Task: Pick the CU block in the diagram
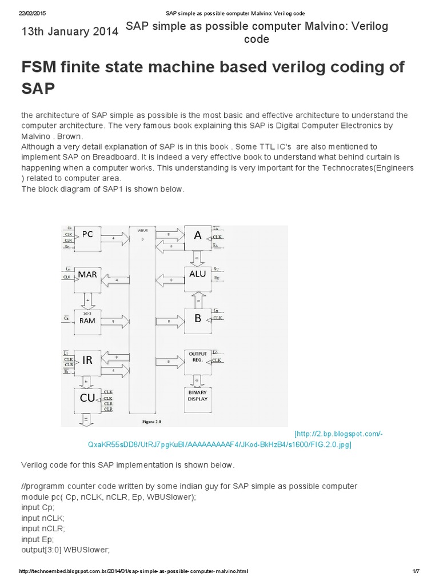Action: coord(87,399)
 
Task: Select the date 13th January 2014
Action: coord(70,33)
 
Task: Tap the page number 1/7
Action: coord(415,571)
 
